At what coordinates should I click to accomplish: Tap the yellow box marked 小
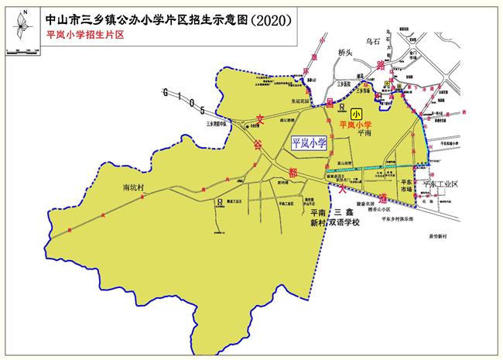point(356,113)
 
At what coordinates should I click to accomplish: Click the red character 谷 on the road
point(255,144)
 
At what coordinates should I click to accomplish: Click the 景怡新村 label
point(435,235)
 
